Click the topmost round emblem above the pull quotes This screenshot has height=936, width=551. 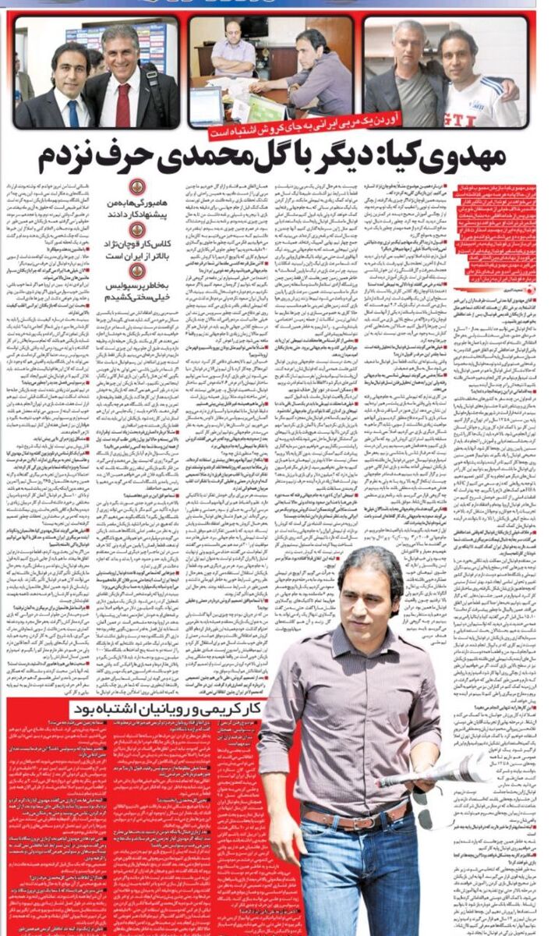click(137, 186)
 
